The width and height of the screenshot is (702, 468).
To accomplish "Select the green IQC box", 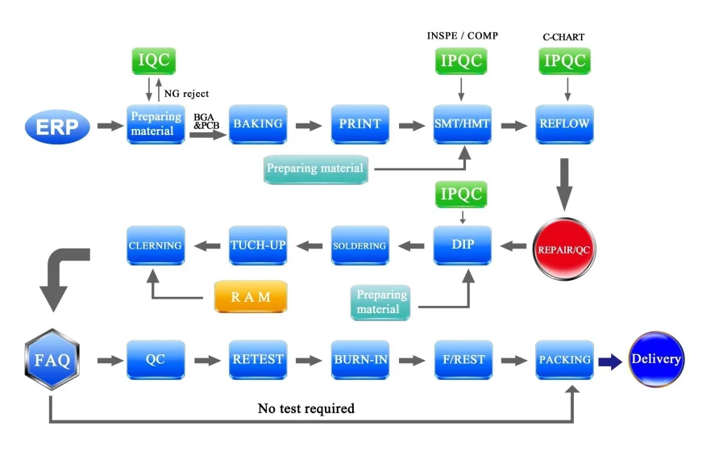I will pyautogui.click(x=154, y=61).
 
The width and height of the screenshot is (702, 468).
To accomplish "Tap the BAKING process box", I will pyautogui.click(x=258, y=124).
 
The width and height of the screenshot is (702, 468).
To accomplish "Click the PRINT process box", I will pyautogui.click(x=359, y=124).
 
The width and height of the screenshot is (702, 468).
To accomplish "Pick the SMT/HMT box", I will pyautogui.click(x=462, y=124).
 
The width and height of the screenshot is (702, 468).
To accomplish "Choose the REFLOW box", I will pyautogui.click(x=564, y=124).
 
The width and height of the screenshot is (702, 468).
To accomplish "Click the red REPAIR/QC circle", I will pyautogui.click(x=564, y=249).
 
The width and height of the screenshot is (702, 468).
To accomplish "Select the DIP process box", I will pyautogui.click(x=462, y=244).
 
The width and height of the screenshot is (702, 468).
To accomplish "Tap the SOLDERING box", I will pyautogui.click(x=359, y=245).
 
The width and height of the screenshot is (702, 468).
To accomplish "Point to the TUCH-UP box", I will pyautogui.click(x=258, y=245).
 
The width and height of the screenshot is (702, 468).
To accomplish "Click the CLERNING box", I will pyautogui.click(x=156, y=245).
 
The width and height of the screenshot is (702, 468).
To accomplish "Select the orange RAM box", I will pyautogui.click(x=251, y=297).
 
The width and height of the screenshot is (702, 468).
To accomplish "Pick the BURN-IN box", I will pyautogui.click(x=359, y=360).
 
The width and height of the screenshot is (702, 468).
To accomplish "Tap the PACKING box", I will pyautogui.click(x=564, y=360).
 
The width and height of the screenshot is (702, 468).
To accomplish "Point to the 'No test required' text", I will pyautogui.click(x=305, y=408).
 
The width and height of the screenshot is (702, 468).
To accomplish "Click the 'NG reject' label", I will pyautogui.click(x=186, y=94).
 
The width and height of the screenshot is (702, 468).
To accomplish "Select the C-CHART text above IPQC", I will pyautogui.click(x=564, y=37).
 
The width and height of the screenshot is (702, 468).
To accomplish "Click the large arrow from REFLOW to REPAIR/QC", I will pyautogui.click(x=564, y=183).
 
